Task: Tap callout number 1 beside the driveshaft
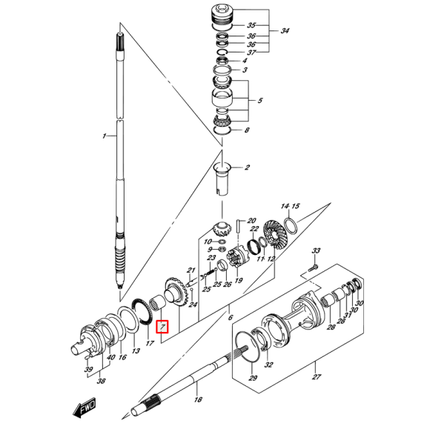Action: [105, 136]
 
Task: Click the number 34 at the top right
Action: [285, 31]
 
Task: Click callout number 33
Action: [316, 251]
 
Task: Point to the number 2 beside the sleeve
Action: [247, 168]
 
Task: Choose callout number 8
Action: [247, 130]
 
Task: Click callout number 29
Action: [253, 379]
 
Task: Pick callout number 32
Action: [268, 365]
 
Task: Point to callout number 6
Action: [231, 316]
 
